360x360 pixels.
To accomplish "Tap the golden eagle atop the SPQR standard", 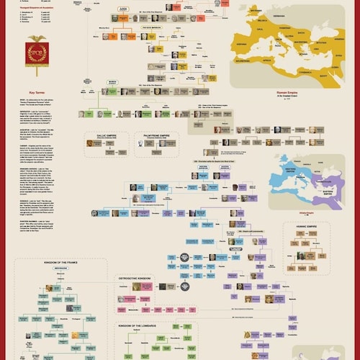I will pos(35,40).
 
